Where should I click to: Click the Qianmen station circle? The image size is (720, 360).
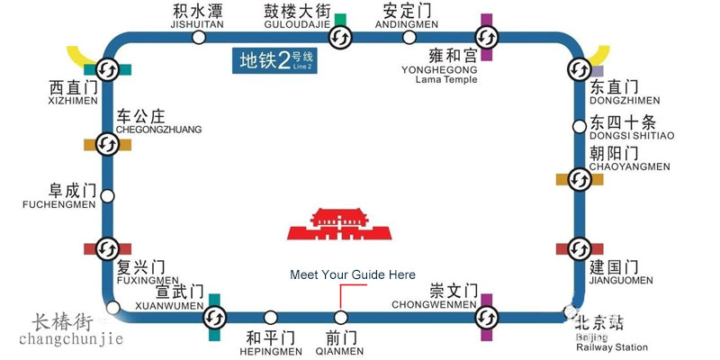[340, 317]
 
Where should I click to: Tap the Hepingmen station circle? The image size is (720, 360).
[271, 317]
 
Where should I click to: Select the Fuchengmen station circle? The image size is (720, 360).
[108, 195]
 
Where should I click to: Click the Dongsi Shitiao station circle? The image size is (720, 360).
[578, 125]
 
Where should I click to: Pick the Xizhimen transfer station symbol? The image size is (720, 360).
[107, 68]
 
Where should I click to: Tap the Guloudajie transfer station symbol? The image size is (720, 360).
[340, 37]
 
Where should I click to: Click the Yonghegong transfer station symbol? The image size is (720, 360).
[486, 37]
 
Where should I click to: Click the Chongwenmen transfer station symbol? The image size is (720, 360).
[486, 317]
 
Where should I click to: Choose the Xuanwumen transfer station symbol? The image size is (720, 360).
[214, 317]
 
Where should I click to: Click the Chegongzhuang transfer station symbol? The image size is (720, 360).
[107, 143]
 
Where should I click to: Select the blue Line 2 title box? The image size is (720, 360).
[274, 60]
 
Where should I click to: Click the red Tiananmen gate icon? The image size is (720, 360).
[340, 221]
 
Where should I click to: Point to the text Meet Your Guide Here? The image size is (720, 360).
[353, 274]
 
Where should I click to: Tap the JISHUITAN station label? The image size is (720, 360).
[196, 26]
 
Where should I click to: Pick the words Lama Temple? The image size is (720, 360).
[446, 79]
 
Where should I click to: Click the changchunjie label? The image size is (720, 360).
[71, 338]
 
